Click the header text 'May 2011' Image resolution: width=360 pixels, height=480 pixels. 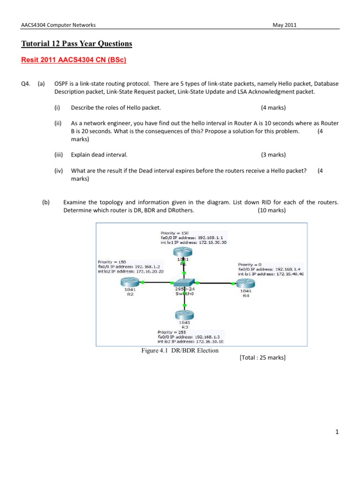[285, 25]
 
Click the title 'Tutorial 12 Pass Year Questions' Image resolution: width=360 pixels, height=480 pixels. [77, 44]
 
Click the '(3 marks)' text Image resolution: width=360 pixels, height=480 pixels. [273, 155]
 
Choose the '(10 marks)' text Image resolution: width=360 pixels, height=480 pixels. [271, 210]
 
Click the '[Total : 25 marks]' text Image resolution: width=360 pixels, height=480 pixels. [262, 358]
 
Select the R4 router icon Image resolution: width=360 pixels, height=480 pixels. [245, 282]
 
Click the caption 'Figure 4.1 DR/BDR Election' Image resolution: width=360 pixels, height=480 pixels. [181, 350]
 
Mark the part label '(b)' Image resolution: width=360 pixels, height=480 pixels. [45, 202]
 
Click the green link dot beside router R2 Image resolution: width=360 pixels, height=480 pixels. [143, 282]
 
